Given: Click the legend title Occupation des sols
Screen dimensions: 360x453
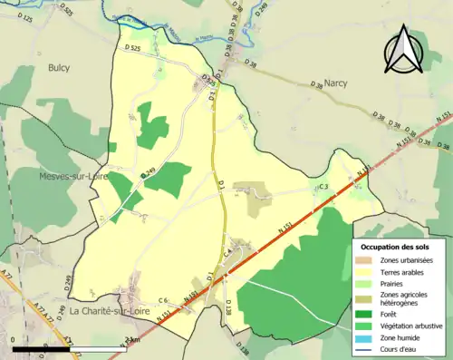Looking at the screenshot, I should (x=395, y=247).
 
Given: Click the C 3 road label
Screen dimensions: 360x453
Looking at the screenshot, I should (x=323, y=186).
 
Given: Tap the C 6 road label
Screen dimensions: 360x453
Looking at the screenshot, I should (x=163, y=300).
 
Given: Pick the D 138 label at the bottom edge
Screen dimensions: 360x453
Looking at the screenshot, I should (x=242, y=350).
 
